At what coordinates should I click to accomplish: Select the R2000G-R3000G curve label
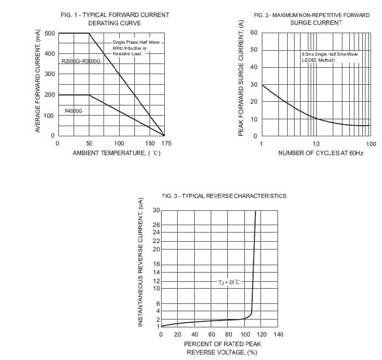[x=81, y=61]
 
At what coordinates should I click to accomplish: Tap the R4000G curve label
[x=73, y=110]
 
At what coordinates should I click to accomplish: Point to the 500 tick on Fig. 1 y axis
[x=50, y=33]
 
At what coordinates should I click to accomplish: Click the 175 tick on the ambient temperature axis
[x=166, y=144]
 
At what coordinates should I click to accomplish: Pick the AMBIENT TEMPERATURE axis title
[x=116, y=153]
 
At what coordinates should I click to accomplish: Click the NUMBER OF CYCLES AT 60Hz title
[x=321, y=153]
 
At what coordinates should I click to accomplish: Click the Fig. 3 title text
[x=224, y=196]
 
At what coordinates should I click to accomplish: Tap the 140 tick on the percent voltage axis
[x=278, y=334]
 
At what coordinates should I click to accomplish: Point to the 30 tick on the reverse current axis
[x=156, y=210]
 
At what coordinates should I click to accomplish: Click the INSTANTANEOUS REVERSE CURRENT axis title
[x=141, y=262]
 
